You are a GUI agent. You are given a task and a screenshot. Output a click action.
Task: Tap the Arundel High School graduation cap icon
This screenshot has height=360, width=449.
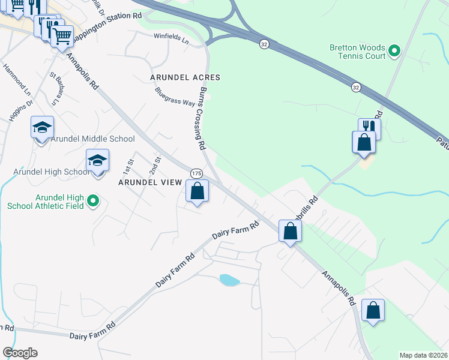tap(97, 161)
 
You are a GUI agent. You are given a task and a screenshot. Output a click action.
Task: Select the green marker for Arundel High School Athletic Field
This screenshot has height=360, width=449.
tap(93, 201)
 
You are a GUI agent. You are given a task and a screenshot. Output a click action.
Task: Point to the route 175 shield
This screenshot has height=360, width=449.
tap(196, 173)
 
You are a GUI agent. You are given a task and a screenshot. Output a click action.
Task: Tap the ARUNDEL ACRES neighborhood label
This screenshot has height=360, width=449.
tap(185, 78)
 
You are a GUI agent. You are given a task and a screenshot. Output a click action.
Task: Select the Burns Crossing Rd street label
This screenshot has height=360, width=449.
tap(202, 117)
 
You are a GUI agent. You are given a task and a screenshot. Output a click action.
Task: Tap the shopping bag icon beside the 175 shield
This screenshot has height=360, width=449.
tap(197, 192)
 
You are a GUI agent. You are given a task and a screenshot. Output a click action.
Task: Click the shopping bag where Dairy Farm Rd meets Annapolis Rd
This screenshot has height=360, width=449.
tap(290, 231)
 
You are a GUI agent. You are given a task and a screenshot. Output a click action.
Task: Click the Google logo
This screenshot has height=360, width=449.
tap(20, 353)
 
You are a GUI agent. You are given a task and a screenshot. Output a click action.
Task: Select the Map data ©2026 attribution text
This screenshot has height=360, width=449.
tap(423, 355)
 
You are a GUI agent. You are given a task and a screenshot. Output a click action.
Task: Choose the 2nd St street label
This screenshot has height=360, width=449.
tap(158, 163)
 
